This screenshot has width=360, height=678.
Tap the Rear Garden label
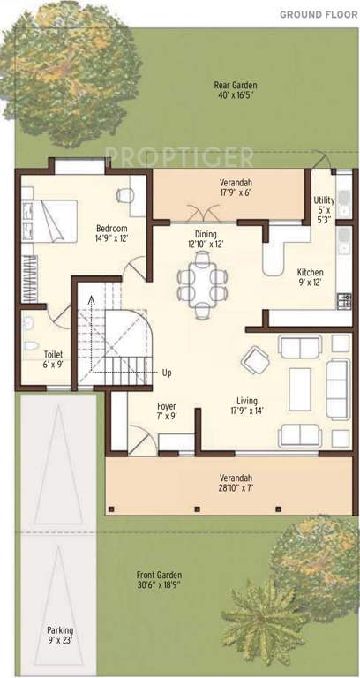pyautogui.click(x=235, y=91)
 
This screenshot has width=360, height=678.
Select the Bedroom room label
pyautogui.click(x=112, y=234)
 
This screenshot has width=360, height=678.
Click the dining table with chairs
pyautogui.click(x=202, y=282)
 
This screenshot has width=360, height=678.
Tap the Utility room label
pyautogui.click(x=324, y=210)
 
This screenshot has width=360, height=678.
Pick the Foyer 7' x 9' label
pyautogui.click(x=167, y=411)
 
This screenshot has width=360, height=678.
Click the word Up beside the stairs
pyautogui.click(x=167, y=373)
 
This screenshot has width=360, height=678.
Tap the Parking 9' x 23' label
pyautogui.click(x=60, y=636)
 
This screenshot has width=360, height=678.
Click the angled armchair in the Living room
pyautogui.click(x=257, y=358)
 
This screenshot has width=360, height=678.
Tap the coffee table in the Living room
pyautogui.click(x=300, y=384)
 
